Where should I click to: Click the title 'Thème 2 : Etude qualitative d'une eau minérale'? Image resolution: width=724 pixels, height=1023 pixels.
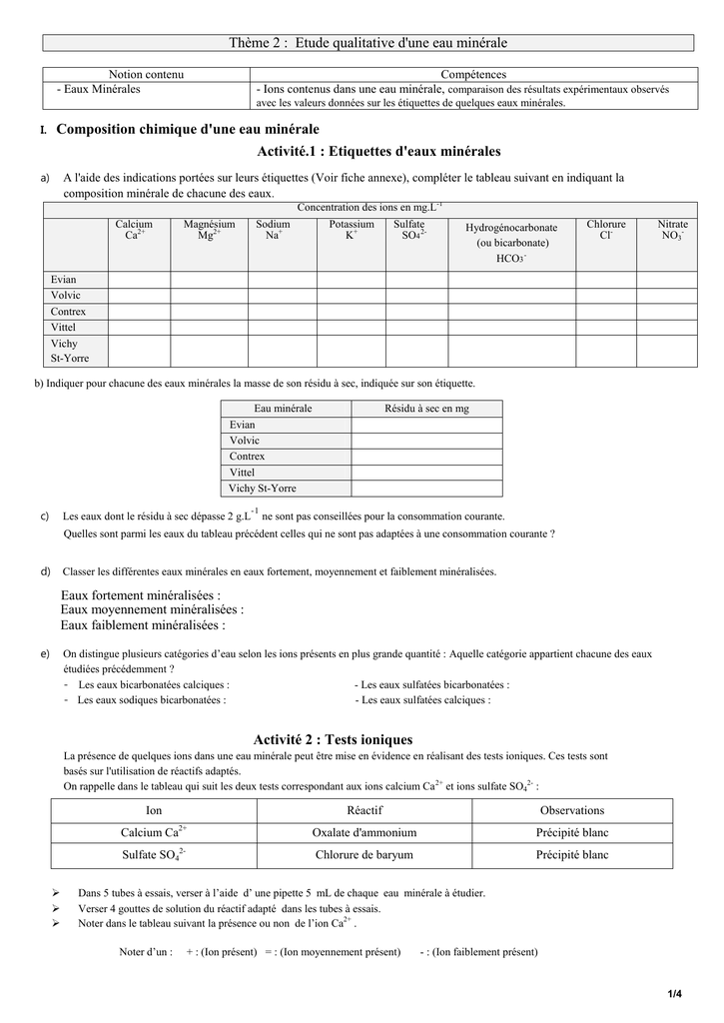click(x=368, y=43)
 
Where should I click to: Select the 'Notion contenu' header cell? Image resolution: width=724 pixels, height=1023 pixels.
click(x=147, y=75)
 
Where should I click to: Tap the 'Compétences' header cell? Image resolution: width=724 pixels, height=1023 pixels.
click(x=473, y=75)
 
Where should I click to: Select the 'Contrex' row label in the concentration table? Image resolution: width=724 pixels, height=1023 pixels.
click(x=69, y=312)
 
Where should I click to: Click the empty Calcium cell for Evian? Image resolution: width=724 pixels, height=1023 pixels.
click(x=139, y=280)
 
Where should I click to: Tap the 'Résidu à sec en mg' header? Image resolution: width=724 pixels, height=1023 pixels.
click(x=426, y=409)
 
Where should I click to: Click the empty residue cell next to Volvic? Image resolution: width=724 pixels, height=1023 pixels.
click(x=426, y=441)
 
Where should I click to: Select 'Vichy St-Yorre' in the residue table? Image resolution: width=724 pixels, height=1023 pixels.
click(x=263, y=489)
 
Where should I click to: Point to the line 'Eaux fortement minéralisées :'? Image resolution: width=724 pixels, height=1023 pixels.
click(x=141, y=595)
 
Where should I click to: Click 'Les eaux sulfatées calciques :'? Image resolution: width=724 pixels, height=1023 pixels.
click(x=422, y=700)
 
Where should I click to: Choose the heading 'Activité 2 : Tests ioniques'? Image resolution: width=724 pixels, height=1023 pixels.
click(x=333, y=740)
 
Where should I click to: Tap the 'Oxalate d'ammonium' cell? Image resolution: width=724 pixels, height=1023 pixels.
click(x=364, y=832)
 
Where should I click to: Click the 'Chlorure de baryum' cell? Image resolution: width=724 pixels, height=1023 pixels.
click(x=364, y=855)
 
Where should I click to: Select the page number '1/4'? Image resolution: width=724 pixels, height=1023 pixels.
click(x=675, y=993)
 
